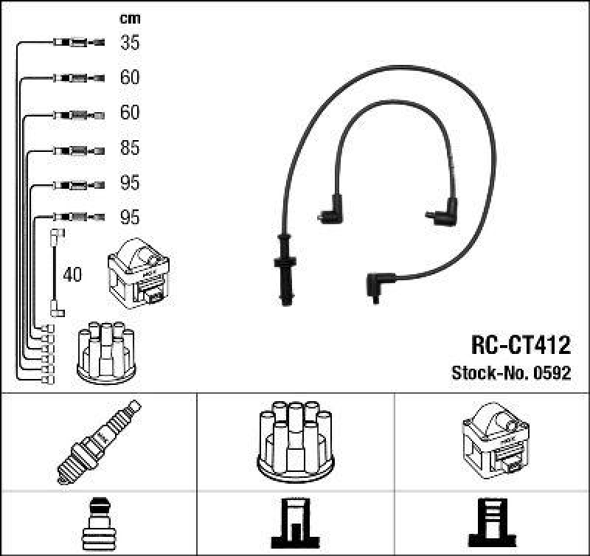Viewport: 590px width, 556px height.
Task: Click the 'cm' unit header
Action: pyautogui.click(x=130, y=18)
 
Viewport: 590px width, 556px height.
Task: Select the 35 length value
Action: pyautogui.click(x=130, y=43)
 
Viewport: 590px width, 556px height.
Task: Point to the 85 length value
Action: pyautogui.click(x=130, y=148)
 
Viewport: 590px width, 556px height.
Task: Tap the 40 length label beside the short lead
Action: pyautogui.click(x=73, y=276)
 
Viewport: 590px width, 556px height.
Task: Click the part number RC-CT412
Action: pyautogui.click(x=521, y=345)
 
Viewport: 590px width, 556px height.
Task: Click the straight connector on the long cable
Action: pyautogui.click(x=284, y=269)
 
